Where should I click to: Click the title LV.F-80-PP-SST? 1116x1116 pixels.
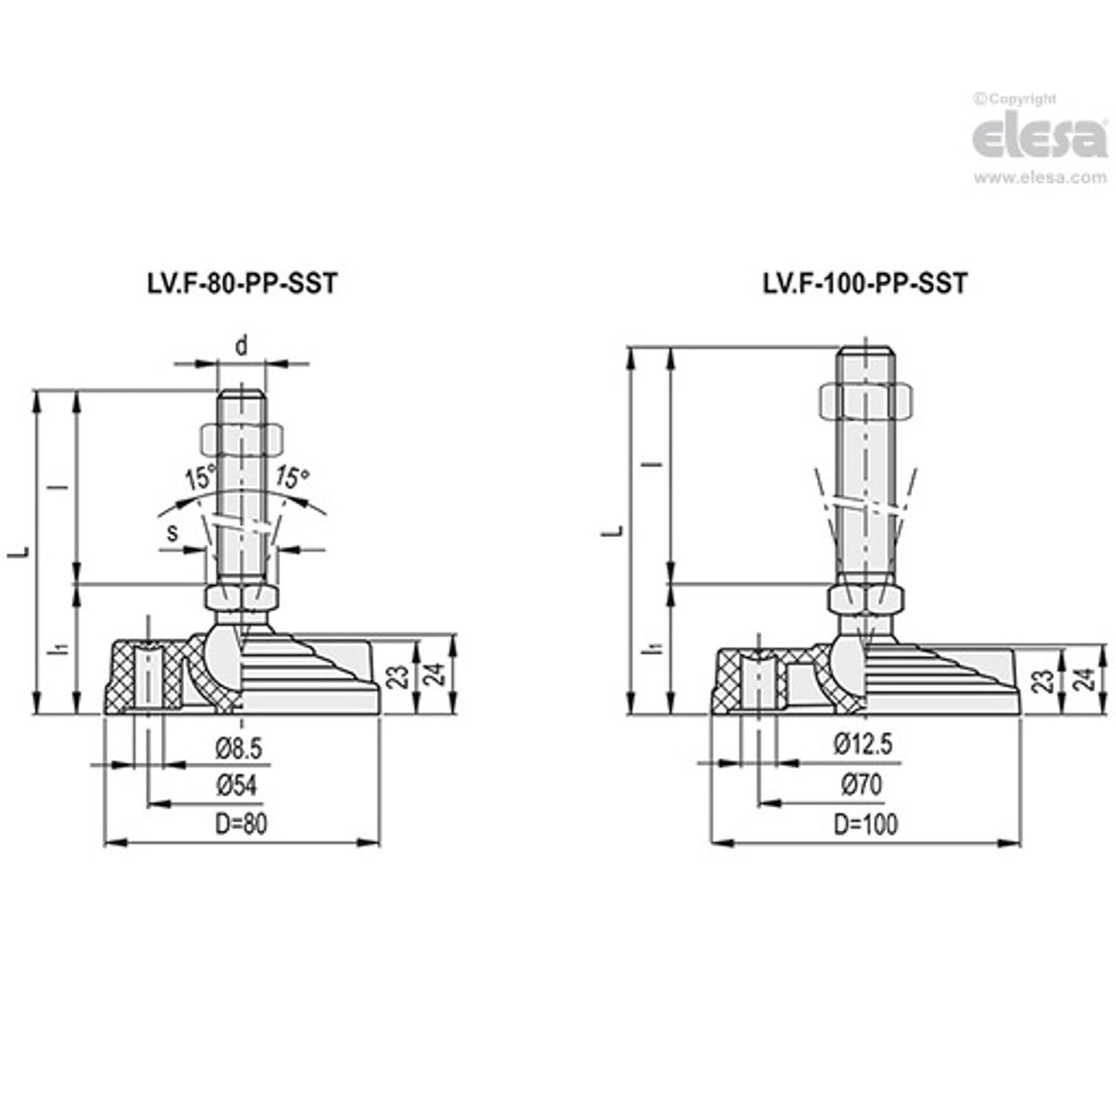click(x=237, y=284)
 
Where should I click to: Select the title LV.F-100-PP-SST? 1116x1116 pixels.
click(x=865, y=284)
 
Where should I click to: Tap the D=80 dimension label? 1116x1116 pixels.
click(x=241, y=824)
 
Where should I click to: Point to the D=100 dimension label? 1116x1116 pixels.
click(x=865, y=824)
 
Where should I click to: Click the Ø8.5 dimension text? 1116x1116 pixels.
click(x=240, y=748)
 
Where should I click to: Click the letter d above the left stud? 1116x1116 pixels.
click(x=241, y=346)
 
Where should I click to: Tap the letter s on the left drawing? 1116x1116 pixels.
click(x=172, y=532)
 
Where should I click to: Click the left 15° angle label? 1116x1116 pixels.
click(x=199, y=478)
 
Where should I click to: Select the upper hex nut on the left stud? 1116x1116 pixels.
click(x=241, y=437)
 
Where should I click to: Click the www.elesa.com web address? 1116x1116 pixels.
click(x=1040, y=178)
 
